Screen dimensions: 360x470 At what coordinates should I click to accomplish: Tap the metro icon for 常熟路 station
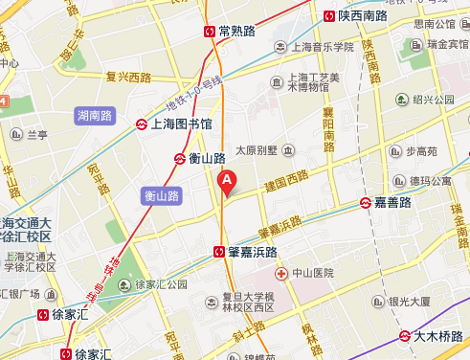tap(210, 31)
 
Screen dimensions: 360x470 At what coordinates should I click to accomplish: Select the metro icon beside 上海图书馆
tap(141, 124)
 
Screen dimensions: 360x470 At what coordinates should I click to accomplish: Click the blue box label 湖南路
tap(93, 115)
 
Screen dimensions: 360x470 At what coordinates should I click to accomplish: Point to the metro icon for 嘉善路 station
tap(366, 202)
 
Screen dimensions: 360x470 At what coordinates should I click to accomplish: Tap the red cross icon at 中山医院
tap(280, 274)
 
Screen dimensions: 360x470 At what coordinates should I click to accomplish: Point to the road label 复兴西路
tap(128, 78)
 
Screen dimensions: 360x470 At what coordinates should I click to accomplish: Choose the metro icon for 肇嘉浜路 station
tap(219, 252)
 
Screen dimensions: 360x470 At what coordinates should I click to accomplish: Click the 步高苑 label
tap(422, 150)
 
